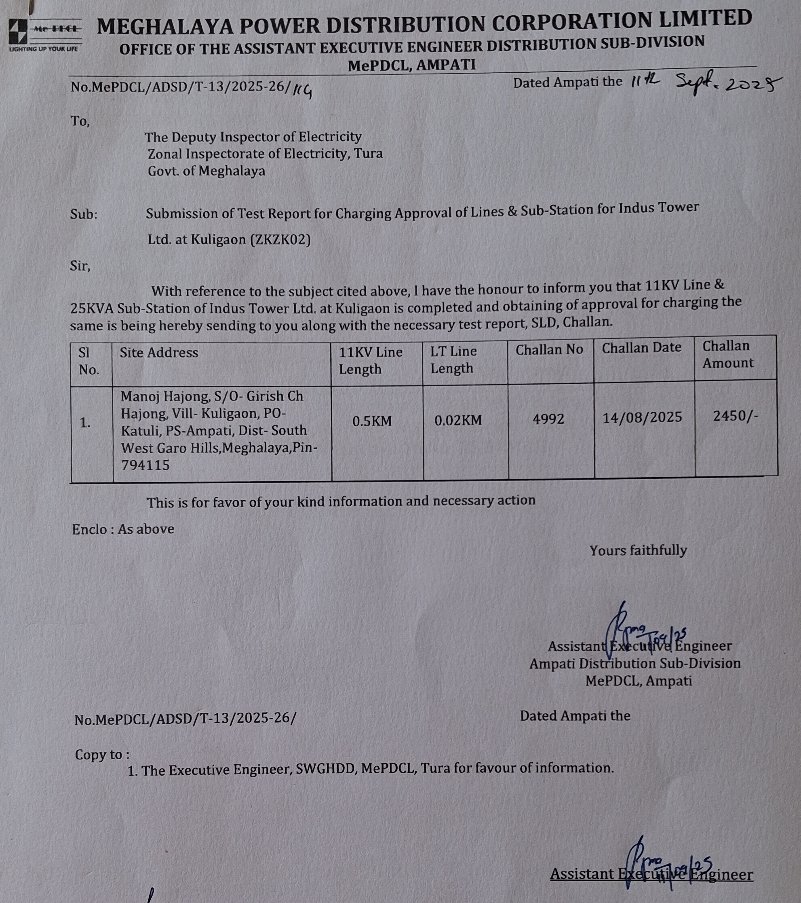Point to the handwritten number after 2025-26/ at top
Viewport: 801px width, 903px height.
click(x=304, y=90)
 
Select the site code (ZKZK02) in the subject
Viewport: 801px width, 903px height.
click(x=280, y=240)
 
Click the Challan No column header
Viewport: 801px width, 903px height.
click(x=549, y=350)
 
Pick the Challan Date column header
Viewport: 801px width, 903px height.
click(x=642, y=348)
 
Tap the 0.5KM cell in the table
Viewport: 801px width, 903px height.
click(x=372, y=421)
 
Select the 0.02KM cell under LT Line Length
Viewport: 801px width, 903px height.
click(x=458, y=420)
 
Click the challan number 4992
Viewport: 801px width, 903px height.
click(x=548, y=419)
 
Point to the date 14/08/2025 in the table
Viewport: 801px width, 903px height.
click(x=642, y=417)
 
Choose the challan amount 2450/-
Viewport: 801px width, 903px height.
click(x=735, y=416)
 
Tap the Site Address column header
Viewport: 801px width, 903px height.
click(x=159, y=353)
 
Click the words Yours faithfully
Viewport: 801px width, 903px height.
click(x=638, y=550)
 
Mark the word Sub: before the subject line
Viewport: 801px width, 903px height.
click(x=84, y=214)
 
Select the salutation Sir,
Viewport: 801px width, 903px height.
click(x=80, y=266)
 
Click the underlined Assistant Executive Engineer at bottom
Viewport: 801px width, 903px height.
click(x=651, y=874)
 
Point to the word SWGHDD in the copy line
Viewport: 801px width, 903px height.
click(x=326, y=769)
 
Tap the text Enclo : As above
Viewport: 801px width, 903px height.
click(x=123, y=529)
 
